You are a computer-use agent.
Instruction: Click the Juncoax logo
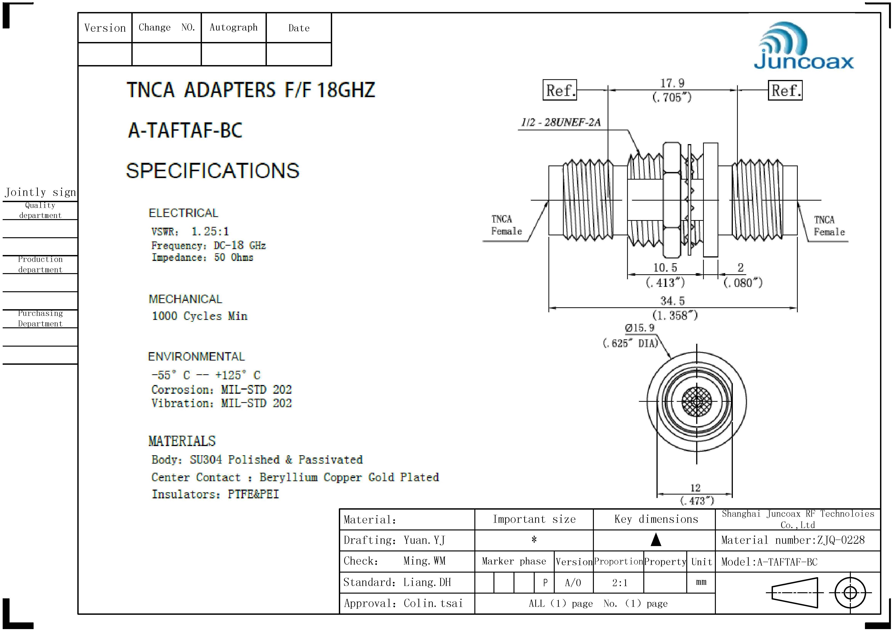(803, 46)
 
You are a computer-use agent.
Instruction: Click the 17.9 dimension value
(672, 83)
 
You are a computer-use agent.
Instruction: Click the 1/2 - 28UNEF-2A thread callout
(561, 123)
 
